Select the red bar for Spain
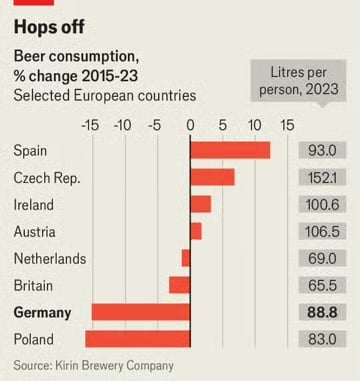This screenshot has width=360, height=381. (x=230, y=150)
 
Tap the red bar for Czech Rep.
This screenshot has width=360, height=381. (x=212, y=177)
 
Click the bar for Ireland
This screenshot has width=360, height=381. (x=200, y=204)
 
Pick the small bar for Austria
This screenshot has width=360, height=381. (x=196, y=231)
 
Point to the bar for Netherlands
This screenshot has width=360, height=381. (x=186, y=258)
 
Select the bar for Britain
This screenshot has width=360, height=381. (x=180, y=285)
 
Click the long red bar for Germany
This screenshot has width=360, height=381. (x=141, y=312)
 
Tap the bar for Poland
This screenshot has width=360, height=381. (x=138, y=339)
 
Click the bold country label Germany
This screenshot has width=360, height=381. (x=42, y=312)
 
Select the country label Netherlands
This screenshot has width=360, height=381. (x=50, y=258)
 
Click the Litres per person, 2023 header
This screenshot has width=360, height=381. (x=305, y=80)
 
